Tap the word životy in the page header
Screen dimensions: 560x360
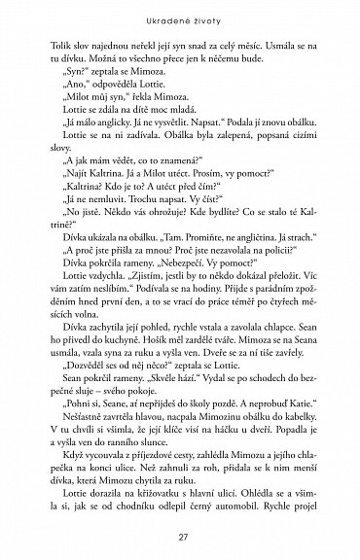pyautogui.click(x=208, y=22)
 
